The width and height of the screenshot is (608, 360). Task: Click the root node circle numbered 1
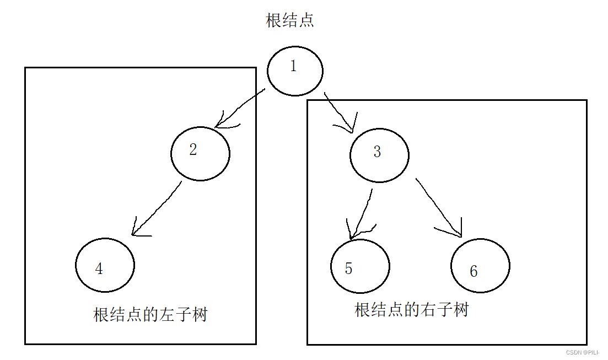[295, 71]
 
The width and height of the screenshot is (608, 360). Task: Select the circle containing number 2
[200, 153]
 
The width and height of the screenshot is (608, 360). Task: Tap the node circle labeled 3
[379, 155]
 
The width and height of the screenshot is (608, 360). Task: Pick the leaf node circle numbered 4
[105, 265]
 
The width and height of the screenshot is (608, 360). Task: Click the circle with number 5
[360, 266]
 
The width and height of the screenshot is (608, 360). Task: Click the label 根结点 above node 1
[290, 22]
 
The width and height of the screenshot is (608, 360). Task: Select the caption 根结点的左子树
[150, 315]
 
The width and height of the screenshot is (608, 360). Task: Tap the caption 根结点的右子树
[411, 310]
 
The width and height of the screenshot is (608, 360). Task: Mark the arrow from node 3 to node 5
[363, 212]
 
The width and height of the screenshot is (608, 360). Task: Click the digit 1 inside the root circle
[293, 66]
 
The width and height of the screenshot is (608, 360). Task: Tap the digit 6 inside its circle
[474, 271]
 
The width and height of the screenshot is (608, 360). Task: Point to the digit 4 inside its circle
[99, 268]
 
